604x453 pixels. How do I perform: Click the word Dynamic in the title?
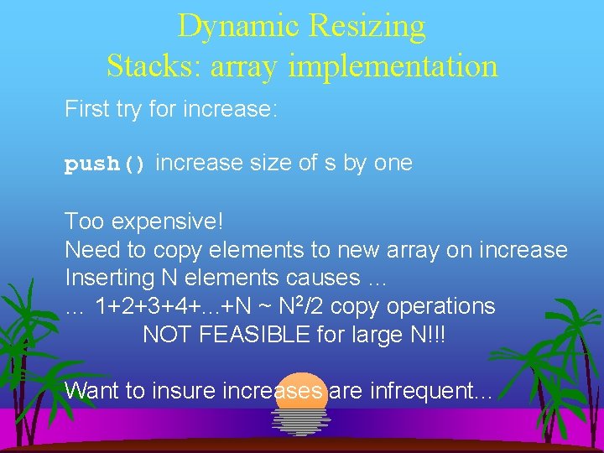(x=239, y=27)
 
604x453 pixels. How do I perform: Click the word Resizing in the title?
(x=367, y=27)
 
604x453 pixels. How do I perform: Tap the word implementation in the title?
(x=393, y=65)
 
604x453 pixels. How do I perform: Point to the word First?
(x=87, y=110)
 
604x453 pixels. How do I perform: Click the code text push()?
(x=106, y=164)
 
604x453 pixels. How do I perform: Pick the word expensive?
(x=169, y=222)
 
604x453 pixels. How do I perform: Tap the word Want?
(x=91, y=390)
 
